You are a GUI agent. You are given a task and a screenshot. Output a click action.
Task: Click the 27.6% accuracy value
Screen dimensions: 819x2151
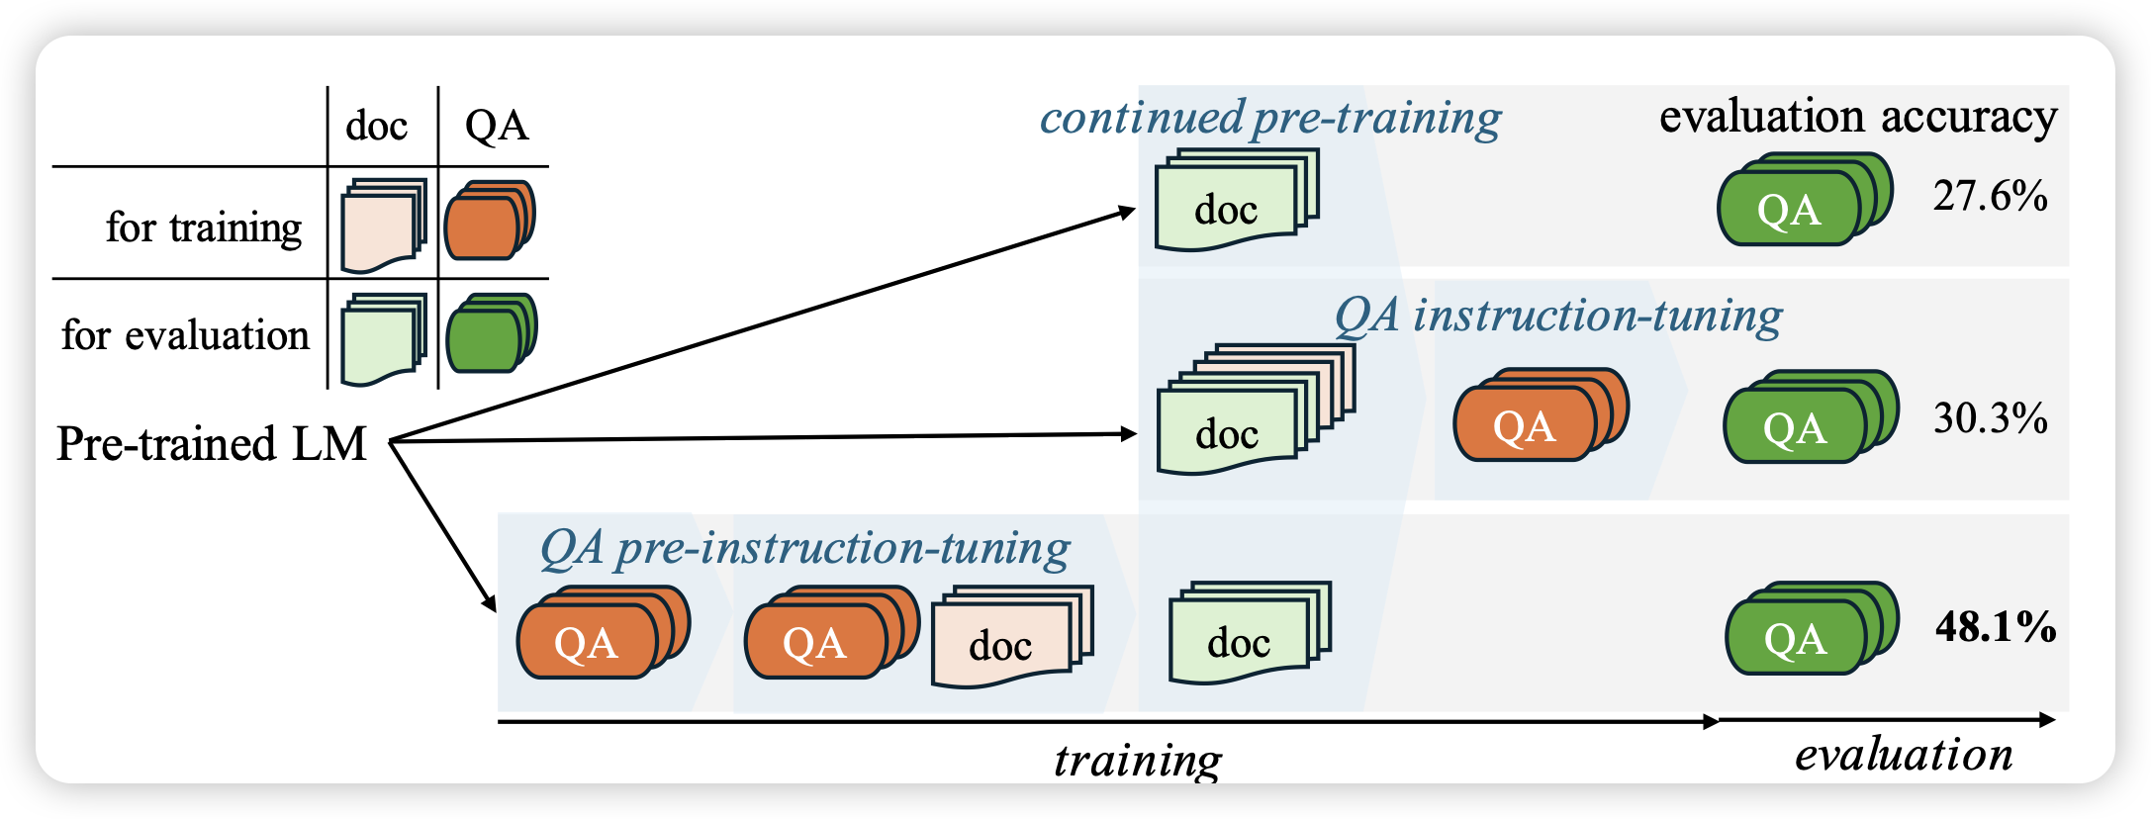point(1990,196)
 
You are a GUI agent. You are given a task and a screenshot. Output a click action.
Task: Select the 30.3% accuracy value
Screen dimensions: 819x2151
point(1990,418)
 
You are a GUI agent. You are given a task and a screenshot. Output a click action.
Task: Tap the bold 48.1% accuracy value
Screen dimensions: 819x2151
point(1995,627)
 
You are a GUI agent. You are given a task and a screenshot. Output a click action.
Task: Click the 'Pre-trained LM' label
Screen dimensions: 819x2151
point(211,443)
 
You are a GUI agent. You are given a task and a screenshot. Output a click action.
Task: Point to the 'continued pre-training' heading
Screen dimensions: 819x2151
point(1269,118)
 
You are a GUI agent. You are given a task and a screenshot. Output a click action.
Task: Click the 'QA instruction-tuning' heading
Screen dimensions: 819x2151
point(1557,317)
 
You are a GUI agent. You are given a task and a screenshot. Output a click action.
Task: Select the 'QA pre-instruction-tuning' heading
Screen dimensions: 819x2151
point(804,548)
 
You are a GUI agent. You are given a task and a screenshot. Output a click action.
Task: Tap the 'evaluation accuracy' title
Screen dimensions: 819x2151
point(1857,117)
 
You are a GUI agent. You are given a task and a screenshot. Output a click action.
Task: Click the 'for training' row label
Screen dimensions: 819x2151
point(204,227)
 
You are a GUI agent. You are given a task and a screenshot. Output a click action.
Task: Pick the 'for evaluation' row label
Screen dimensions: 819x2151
point(185,335)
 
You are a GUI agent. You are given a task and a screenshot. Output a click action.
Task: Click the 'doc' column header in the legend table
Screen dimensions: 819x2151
point(376,127)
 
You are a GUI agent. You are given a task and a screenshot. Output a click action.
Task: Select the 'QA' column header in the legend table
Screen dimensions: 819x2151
point(496,126)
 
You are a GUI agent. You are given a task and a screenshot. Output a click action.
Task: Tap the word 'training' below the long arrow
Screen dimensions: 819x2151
point(1138,760)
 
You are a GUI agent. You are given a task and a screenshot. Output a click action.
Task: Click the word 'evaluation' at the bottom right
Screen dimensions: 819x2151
point(1903,755)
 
